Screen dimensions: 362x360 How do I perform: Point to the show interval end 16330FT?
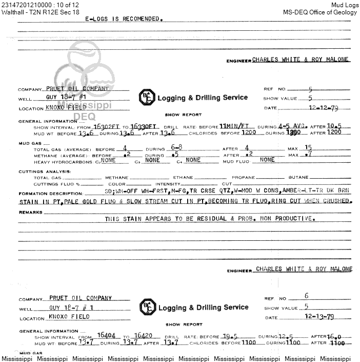(x=145, y=126)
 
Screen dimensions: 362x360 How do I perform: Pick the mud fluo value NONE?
(x=267, y=160)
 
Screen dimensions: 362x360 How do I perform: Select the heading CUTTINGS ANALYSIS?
(x=43, y=172)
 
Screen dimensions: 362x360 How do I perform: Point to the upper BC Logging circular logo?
(x=146, y=98)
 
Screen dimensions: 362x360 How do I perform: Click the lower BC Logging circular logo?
(x=147, y=308)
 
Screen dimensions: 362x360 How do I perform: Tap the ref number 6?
(x=306, y=296)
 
